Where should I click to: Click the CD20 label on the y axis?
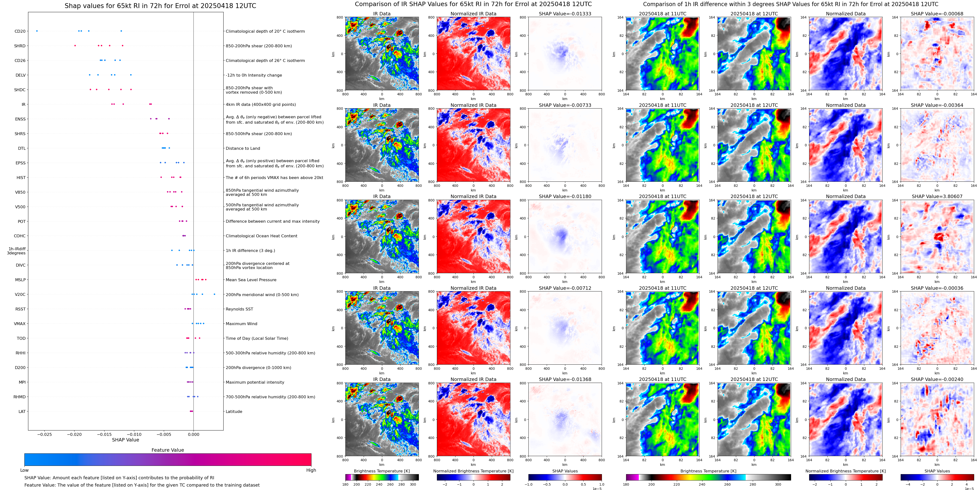pos(20,31)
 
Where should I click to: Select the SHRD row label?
pos(20,46)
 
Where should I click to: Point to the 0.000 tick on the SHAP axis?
pos(193,434)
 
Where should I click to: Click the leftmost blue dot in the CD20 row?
pos(37,31)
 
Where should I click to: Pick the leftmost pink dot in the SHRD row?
pos(75,46)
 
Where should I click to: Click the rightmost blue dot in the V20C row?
pos(214,294)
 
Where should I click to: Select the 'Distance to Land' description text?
pos(243,148)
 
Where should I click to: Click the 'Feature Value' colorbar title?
pos(167,450)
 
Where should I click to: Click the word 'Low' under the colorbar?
pos(24,470)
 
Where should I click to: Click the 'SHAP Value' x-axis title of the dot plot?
pos(125,440)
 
